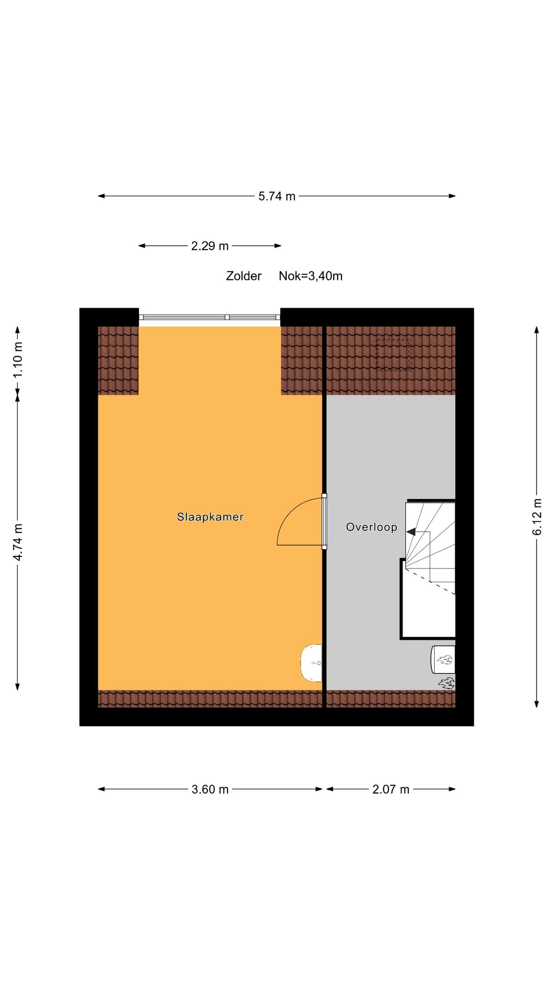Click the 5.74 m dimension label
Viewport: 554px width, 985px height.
[277, 196]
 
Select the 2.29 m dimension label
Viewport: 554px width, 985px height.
[210, 246]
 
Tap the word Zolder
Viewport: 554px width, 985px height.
[244, 276]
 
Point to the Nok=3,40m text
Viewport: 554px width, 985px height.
[311, 276]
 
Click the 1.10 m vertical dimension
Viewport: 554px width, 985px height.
[18, 359]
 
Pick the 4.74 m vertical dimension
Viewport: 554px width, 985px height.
[18, 542]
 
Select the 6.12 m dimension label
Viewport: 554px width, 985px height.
[537, 517]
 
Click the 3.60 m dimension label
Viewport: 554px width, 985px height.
[210, 789]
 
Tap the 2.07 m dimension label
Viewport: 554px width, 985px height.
[391, 789]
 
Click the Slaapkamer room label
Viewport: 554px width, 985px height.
[210, 517]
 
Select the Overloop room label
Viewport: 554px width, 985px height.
[372, 527]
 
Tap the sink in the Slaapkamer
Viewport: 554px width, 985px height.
[312, 663]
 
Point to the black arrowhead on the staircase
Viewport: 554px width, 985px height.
[411, 531]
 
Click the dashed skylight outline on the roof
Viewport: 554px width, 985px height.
[394, 354]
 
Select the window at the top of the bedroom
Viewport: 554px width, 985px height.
[210, 317]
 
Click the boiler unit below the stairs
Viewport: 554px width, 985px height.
[443, 660]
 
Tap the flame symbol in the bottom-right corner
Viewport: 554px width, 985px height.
[446, 683]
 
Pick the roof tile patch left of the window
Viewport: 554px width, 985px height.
[118, 360]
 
